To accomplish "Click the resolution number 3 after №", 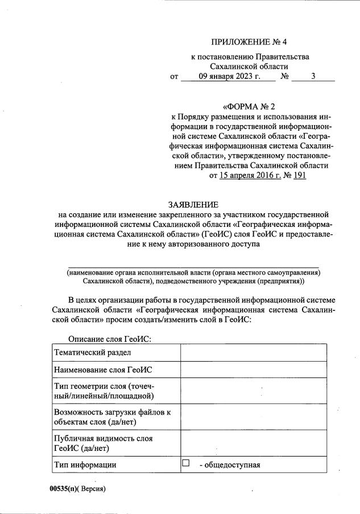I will (313, 76).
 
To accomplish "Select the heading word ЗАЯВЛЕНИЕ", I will (193, 204).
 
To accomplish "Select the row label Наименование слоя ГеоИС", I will (103, 370).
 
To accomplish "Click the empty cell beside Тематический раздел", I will (253, 353).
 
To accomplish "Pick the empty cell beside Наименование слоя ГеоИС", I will (253, 370).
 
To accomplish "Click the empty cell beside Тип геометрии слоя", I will (253, 392).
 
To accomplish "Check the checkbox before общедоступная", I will (185, 464).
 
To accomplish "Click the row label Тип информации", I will (85, 465).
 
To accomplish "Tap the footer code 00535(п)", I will (64, 489).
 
